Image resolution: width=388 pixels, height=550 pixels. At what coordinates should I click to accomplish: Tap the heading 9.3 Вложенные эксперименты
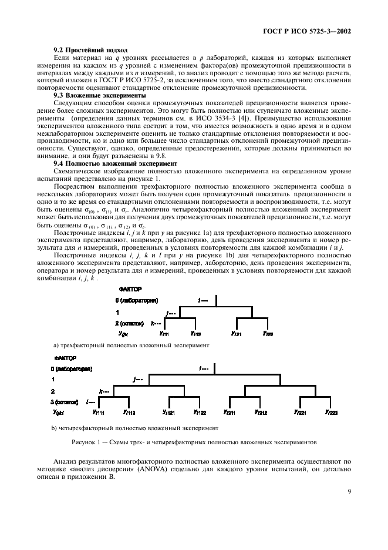click(96, 95)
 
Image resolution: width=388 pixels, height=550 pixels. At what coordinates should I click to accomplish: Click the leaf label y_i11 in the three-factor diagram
click(164, 333)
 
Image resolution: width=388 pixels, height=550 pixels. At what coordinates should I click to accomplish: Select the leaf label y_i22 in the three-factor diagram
click(266, 333)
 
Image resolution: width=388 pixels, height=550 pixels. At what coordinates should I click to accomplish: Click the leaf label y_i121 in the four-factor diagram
click(167, 412)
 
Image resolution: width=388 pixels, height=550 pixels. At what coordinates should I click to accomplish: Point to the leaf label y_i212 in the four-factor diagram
click(261, 412)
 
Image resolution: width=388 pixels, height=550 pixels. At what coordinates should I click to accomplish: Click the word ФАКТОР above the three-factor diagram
click(130, 289)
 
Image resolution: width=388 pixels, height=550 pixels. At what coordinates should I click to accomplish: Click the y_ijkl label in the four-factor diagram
click(60, 412)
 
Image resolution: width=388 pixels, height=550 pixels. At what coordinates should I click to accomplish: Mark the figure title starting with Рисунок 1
click(194, 441)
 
